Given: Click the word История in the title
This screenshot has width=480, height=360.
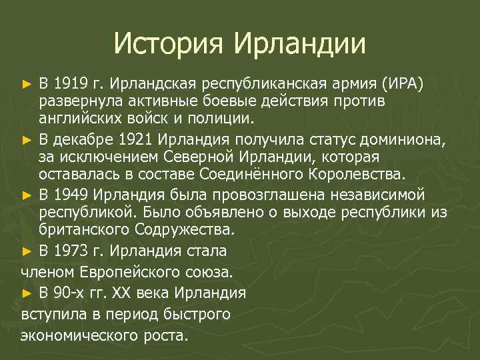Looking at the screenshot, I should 169,44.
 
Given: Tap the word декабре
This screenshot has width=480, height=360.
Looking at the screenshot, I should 93,140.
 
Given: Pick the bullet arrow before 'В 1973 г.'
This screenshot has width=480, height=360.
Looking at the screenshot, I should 27,252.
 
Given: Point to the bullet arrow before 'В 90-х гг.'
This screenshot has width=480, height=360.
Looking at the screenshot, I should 27,294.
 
